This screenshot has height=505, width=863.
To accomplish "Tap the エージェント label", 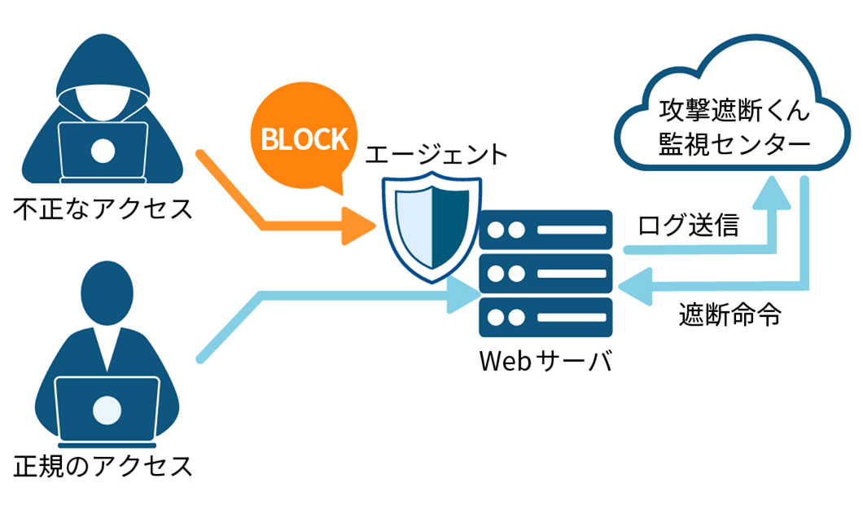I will (x=436, y=154).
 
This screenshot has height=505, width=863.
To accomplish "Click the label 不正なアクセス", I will (x=103, y=209).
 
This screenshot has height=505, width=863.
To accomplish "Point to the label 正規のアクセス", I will (x=103, y=466).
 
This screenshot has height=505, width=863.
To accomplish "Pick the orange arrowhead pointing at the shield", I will (x=358, y=226).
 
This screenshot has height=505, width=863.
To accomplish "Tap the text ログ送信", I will (x=688, y=226).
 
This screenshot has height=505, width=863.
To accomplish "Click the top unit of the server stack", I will (x=545, y=231).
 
